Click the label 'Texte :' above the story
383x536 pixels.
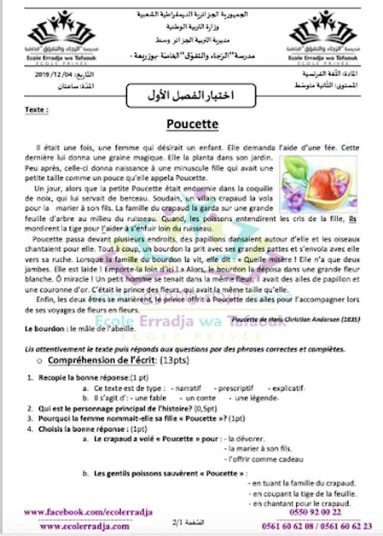tap(36, 110)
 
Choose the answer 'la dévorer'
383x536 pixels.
tap(245, 439)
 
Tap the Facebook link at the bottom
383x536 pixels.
tap(88, 512)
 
